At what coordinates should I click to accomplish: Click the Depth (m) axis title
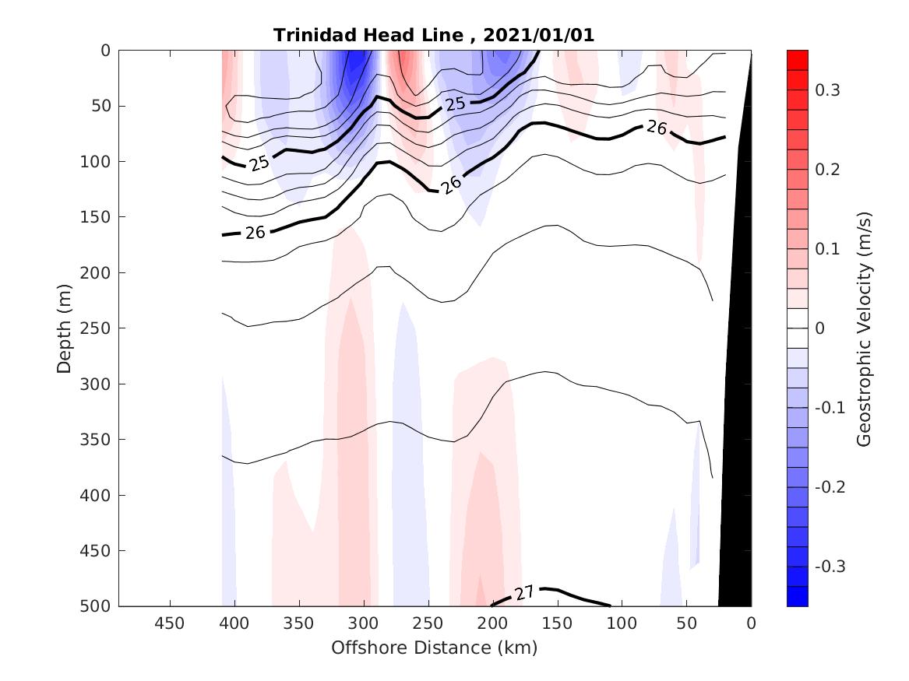[x=65, y=328]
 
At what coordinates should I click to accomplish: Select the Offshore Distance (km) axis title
[x=435, y=648]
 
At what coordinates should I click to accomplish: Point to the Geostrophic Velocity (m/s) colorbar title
[x=863, y=328]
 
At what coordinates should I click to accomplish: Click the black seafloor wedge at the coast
[x=737, y=467]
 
